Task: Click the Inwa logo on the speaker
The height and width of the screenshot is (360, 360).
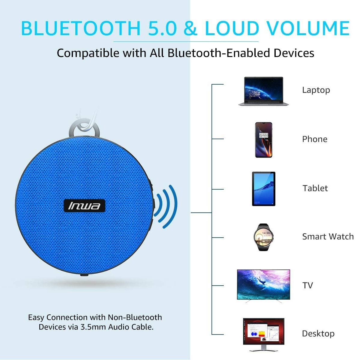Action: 84,206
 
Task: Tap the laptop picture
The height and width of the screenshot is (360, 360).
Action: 264,91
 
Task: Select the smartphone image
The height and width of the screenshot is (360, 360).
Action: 264,140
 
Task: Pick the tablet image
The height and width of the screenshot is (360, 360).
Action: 264,189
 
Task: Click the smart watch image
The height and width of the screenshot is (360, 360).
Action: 263,237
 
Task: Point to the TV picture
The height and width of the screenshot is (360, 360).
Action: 264,286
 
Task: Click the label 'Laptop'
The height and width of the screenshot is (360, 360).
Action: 316,90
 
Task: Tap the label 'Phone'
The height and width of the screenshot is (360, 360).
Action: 315,139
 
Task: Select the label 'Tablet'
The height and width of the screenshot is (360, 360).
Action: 315,188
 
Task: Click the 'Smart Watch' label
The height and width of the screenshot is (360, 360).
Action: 328,236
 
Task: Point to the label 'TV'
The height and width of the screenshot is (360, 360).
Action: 307,285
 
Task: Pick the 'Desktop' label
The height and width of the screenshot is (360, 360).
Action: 318,334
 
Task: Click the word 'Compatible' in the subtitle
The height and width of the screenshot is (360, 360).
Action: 88,53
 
